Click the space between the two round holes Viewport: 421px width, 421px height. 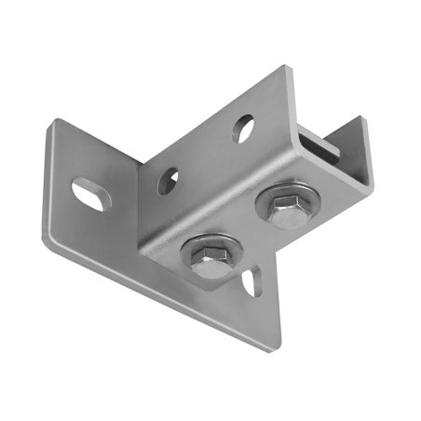(x=205, y=154)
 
